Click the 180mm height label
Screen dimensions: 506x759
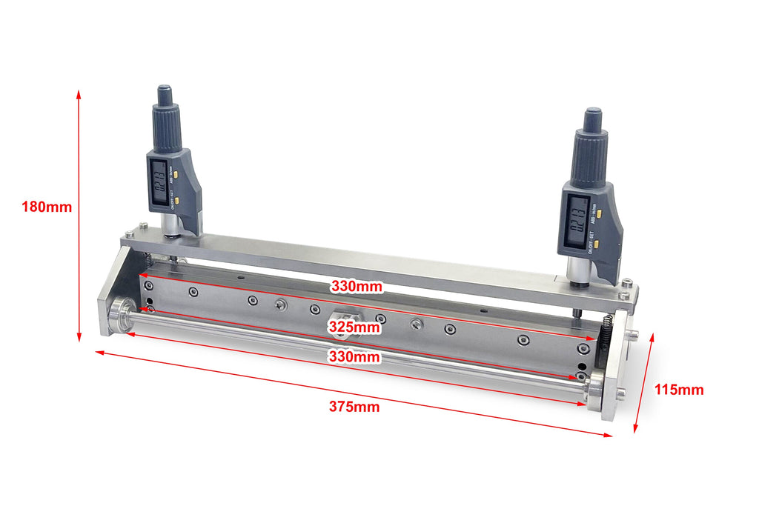click(47, 207)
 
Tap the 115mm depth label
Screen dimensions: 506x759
click(679, 390)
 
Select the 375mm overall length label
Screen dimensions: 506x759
click(354, 407)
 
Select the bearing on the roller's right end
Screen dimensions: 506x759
click(597, 390)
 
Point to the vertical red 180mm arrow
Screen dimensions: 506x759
click(79, 215)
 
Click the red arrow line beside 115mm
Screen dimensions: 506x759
click(643, 382)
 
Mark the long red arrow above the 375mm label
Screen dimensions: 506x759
click(354, 393)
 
